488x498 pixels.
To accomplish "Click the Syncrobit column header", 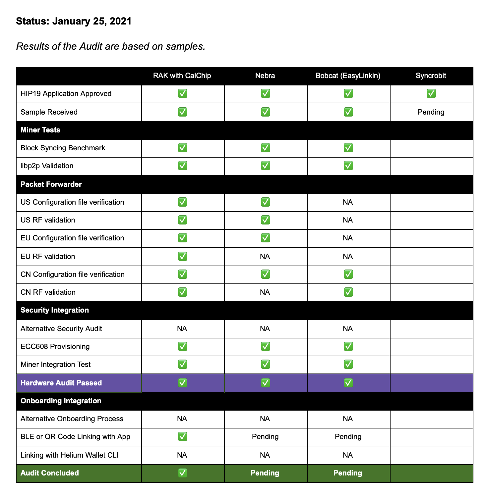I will (431, 76).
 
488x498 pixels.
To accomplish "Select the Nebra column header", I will (265, 76).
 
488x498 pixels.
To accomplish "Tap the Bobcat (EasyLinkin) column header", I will (348, 76).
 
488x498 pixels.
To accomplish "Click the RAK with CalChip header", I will (182, 76).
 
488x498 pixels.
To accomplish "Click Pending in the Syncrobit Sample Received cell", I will (431, 112).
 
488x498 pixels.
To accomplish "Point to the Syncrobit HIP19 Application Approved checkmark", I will (431, 94).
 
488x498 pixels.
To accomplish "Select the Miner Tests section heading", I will (40, 130).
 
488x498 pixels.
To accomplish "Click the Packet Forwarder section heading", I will (51, 184).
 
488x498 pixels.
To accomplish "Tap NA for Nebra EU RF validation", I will (265, 257).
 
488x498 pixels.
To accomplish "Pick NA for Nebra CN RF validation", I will (265, 292).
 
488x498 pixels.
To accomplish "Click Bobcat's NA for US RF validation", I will (348, 220).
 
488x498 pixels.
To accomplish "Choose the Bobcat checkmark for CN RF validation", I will (348, 292).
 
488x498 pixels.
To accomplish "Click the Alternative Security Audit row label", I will (61, 329).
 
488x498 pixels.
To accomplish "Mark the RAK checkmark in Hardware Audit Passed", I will (182, 383).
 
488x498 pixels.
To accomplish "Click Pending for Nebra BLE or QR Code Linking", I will (265, 437).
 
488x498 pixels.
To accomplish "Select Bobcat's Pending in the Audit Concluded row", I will (348, 473).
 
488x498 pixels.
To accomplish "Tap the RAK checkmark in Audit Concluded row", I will (182, 473).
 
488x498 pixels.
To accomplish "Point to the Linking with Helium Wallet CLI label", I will (70, 455).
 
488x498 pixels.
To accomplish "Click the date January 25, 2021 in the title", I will (92, 21).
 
